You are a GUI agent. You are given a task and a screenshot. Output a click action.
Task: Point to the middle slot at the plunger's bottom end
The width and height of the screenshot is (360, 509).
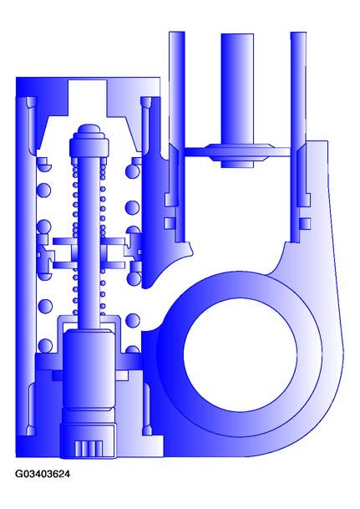point(88,447)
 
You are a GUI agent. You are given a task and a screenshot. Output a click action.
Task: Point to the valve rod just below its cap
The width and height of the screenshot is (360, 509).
point(89,167)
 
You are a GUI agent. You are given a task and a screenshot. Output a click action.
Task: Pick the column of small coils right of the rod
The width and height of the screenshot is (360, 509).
point(103,234)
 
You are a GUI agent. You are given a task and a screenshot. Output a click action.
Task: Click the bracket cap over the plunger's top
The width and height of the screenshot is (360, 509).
point(88,322)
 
